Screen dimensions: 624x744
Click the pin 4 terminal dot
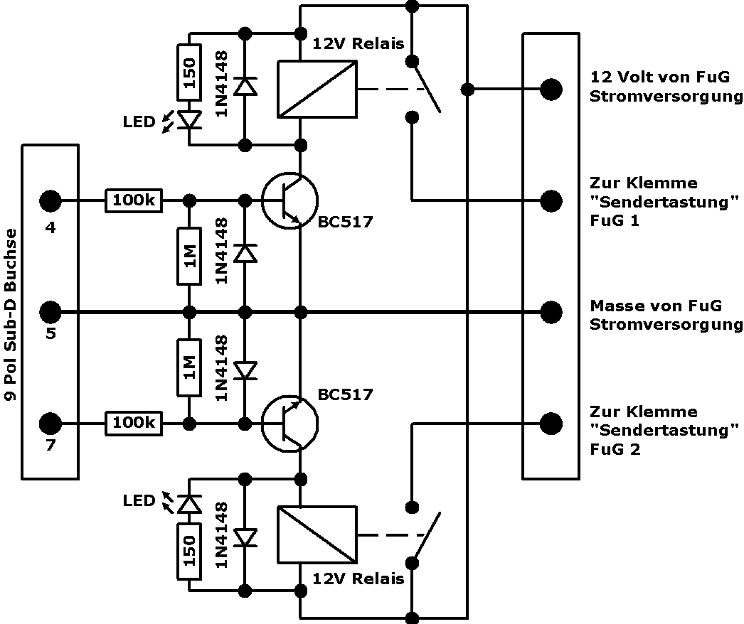pos(50,201)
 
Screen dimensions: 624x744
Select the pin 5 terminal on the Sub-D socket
pos(50,311)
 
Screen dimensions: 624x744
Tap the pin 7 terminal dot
pos(50,424)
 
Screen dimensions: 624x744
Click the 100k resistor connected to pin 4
pos(134,201)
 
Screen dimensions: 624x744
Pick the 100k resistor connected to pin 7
pos(134,424)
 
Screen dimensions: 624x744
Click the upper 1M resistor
pos(190,257)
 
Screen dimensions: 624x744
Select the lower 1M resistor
pos(190,367)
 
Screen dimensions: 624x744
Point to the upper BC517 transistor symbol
pos(289,201)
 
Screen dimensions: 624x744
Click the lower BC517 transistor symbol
pos(289,424)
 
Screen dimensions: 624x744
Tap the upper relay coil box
pos(316,89)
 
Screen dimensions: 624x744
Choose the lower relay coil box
pos(316,534)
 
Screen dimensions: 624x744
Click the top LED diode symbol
pos(190,120)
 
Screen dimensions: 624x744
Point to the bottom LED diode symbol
pos(190,503)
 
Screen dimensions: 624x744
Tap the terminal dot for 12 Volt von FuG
pos(551,90)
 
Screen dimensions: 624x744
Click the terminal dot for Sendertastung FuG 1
pos(551,201)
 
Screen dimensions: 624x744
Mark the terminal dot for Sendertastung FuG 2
pos(551,424)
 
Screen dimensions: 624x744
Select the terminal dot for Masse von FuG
pos(551,311)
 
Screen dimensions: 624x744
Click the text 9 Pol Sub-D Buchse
pos(11,311)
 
